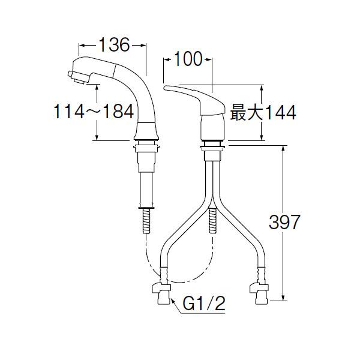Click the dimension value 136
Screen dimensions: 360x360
(114, 45)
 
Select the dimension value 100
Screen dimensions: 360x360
(188, 59)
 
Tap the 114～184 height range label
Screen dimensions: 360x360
(94, 112)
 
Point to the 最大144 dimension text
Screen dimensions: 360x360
(263, 112)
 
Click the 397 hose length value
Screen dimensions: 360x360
(284, 222)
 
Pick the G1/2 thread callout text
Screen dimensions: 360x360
(204, 303)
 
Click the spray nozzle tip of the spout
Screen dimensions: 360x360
(77, 77)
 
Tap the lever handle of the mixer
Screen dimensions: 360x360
(194, 100)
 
